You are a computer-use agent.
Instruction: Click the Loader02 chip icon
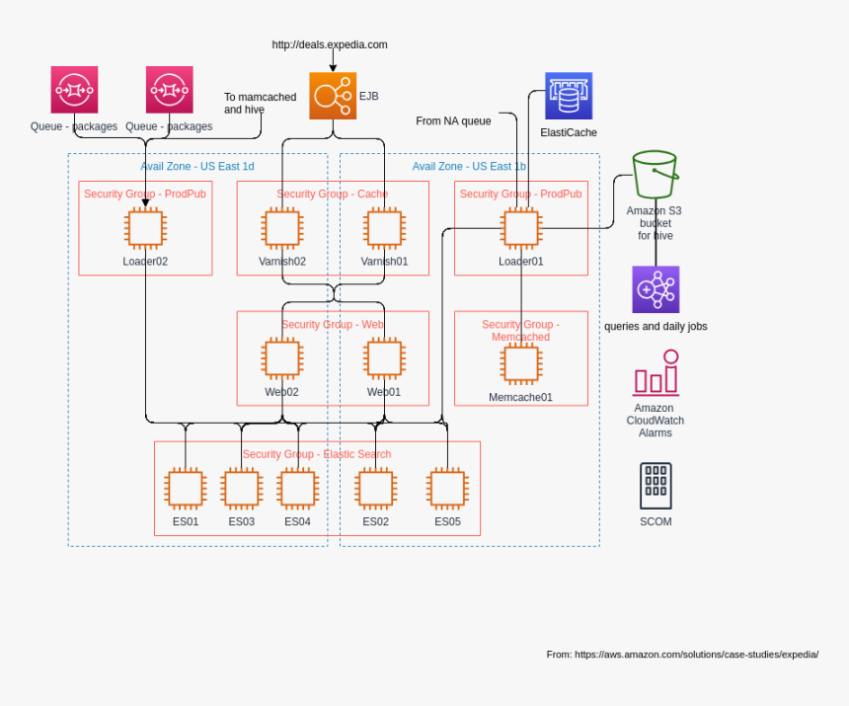click(x=145, y=228)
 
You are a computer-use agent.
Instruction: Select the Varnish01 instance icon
click(x=384, y=228)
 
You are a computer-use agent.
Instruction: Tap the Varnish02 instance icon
click(x=282, y=228)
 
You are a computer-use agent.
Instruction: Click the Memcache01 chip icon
click(x=520, y=363)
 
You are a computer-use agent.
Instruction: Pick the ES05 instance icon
click(x=447, y=489)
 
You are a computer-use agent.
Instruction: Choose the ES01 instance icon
click(x=186, y=489)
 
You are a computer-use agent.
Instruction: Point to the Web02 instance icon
click(x=282, y=358)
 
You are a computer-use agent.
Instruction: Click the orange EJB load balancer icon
click(x=333, y=96)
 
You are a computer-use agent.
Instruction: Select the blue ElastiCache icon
click(x=569, y=96)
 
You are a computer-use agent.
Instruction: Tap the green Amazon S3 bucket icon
click(x=655, y=175)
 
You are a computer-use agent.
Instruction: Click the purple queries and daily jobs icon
click(x=656, y=289)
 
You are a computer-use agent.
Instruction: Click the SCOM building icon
click(x=656, y=486)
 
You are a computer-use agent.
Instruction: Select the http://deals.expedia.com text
click(x=330, y=44)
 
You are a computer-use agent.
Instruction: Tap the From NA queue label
click(x=453, y=120)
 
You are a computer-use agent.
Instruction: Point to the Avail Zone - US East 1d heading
click(x=197, y=166)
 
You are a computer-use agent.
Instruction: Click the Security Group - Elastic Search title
click(x=317, y=454)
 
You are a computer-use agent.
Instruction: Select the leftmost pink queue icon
click(x=74, y=90)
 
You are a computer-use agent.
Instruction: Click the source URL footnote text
click(x=682, y=654)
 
